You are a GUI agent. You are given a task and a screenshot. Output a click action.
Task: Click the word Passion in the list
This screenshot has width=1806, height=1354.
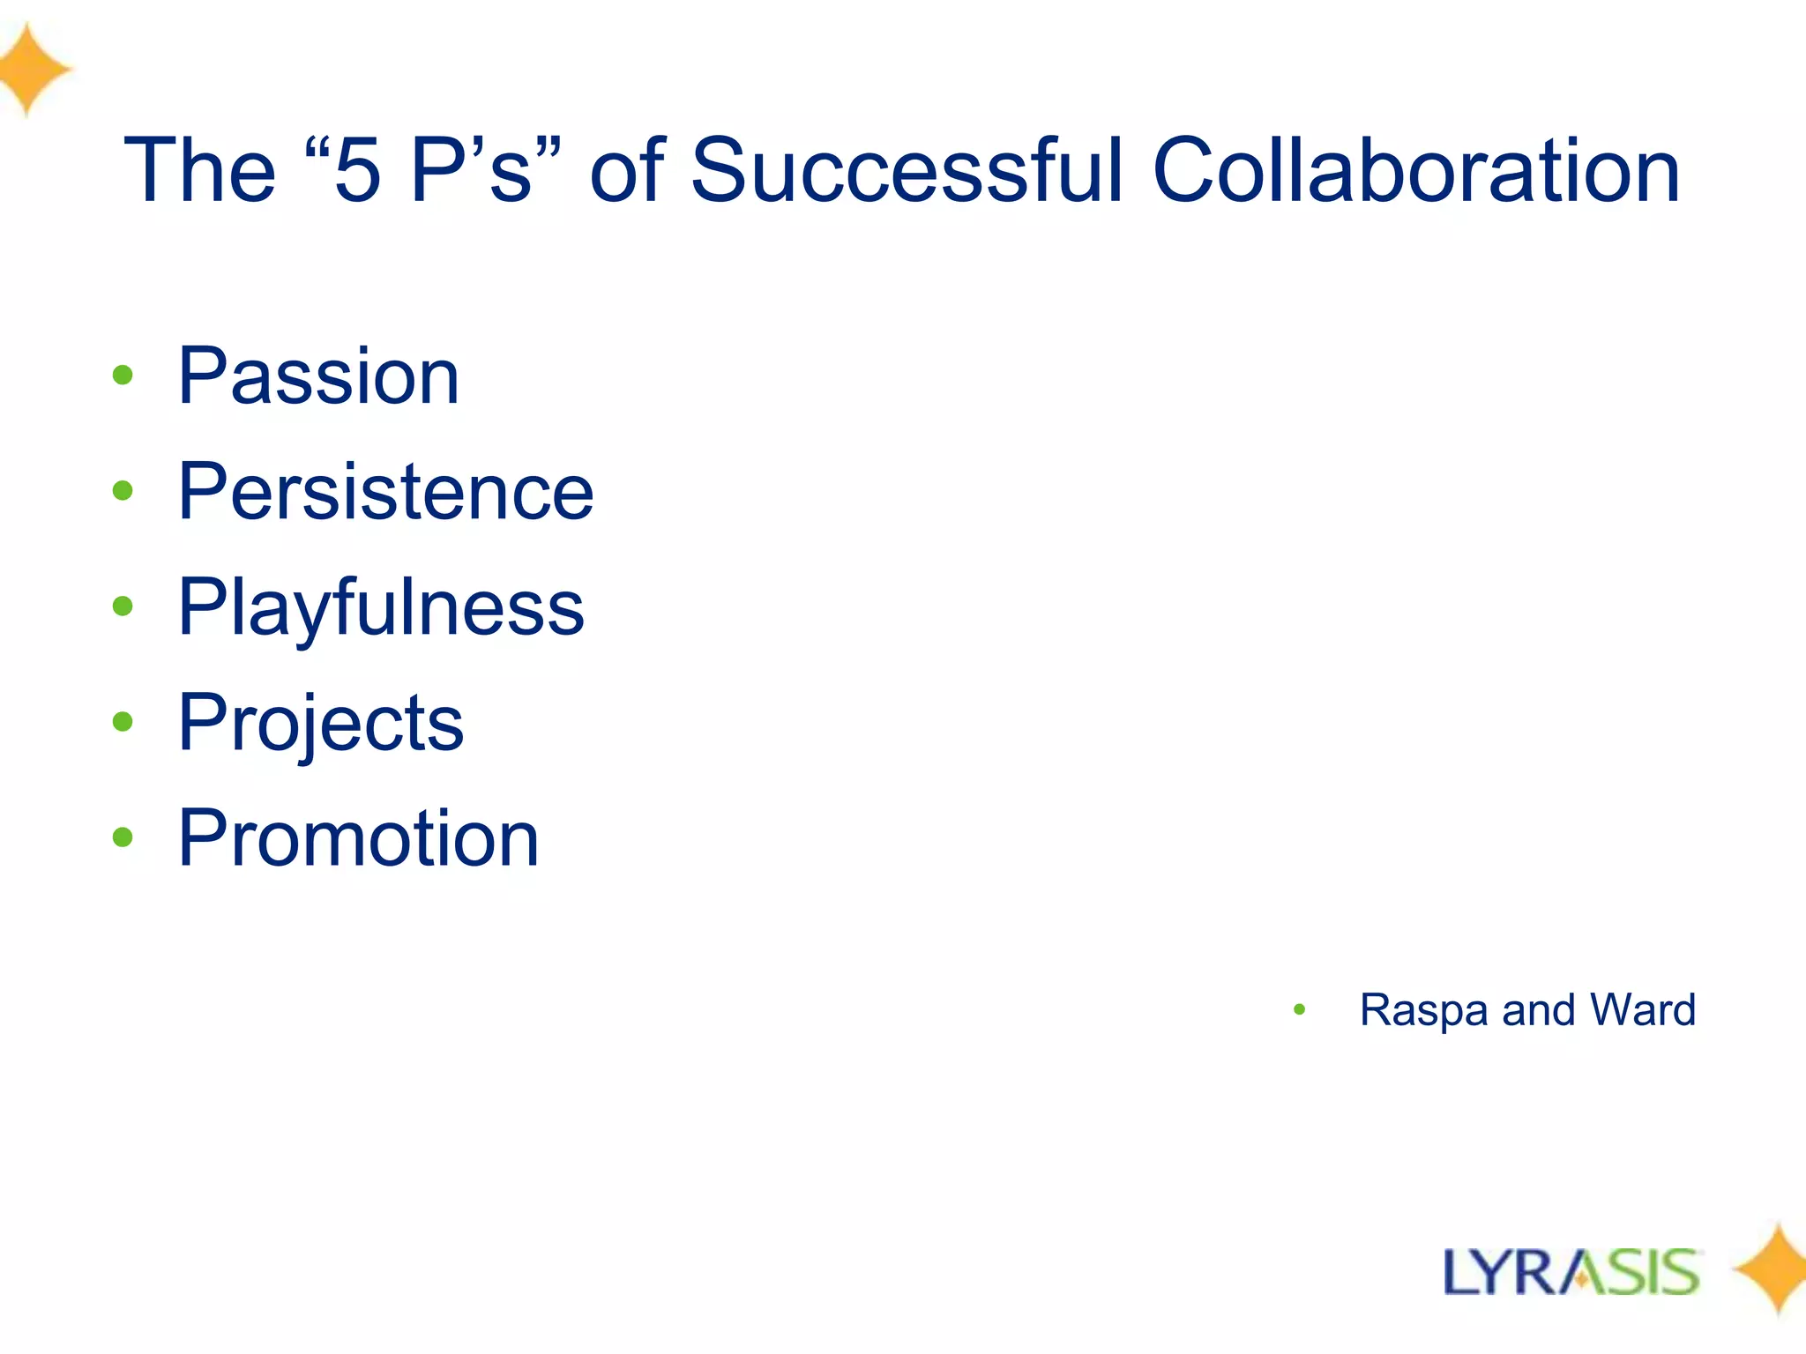tap(318, 376)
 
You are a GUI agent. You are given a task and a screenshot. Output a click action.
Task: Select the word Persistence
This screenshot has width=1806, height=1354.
tap(385, 492)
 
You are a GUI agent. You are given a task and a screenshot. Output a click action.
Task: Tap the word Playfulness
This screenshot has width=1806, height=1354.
tap(381, 607)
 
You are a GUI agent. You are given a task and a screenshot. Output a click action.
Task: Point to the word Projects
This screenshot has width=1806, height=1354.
tap(321, 724)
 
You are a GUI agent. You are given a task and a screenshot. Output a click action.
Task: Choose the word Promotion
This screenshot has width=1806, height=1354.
tap(358, 838)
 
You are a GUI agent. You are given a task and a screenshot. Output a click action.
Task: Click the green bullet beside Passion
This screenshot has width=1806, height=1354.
tap(123, 376)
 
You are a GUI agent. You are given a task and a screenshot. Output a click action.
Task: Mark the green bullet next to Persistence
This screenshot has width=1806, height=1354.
tap(123, 491)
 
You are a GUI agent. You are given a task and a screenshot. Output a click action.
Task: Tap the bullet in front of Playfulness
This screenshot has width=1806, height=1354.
tap(123, 606)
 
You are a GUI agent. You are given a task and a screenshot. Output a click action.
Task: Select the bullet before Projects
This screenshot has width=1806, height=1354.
tap(123, 722)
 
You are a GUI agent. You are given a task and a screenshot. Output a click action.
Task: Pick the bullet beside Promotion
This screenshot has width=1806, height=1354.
tap(123, 837)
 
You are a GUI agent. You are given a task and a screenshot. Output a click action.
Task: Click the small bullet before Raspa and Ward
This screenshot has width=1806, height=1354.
tap(1299, 1009)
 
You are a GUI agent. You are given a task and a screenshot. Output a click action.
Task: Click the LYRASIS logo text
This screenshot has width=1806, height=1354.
tap(1571, 1272)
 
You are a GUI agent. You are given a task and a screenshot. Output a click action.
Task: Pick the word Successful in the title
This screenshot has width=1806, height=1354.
tap(907, 170)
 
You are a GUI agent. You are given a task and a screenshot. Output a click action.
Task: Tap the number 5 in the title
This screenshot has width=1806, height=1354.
tap(357, 172)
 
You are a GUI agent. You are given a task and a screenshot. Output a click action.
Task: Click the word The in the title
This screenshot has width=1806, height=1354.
tap(200, 170)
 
